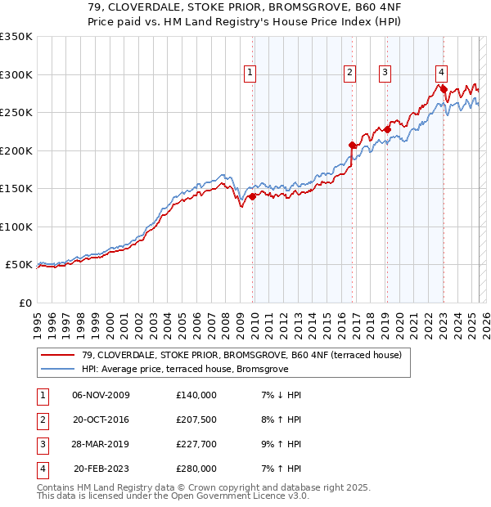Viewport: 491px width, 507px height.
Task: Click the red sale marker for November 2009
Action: (253, 196)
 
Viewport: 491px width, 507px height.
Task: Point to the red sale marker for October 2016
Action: (353, 145)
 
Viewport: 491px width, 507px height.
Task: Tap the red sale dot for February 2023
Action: (444, 90)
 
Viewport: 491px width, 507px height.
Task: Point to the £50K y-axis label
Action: (19, 265)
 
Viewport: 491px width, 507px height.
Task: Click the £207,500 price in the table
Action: (196, 420)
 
